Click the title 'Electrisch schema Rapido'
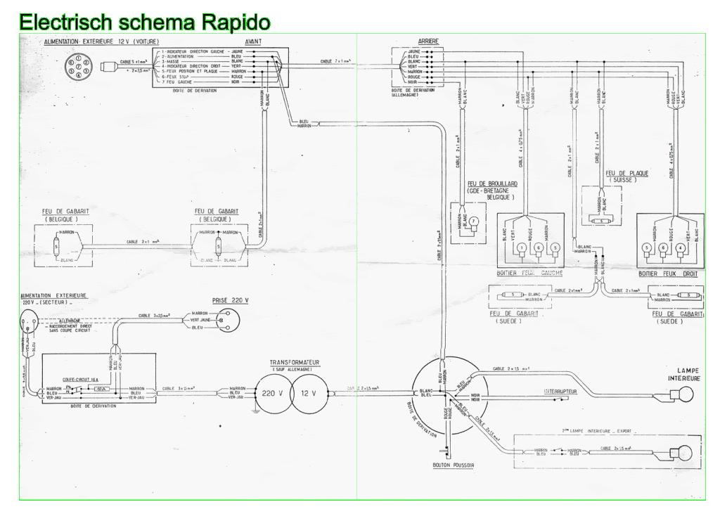tap(145, 23)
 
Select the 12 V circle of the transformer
tap(309, 394)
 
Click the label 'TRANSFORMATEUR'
tap(295, 363)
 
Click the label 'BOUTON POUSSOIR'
tap(454, 465)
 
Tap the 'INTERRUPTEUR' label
tap(560, 391)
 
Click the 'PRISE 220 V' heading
tap(231, 299)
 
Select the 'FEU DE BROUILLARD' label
tap(492, 183)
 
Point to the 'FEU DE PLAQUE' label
tap(626, 173)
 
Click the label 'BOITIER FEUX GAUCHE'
tap(529, 273)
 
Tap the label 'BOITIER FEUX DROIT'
tap(668, 273)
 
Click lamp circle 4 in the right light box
tap(680, 247)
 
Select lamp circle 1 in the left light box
tap(521, 247)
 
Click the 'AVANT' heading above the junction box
tap(255, 42)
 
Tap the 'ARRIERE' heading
tap(428, 42)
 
